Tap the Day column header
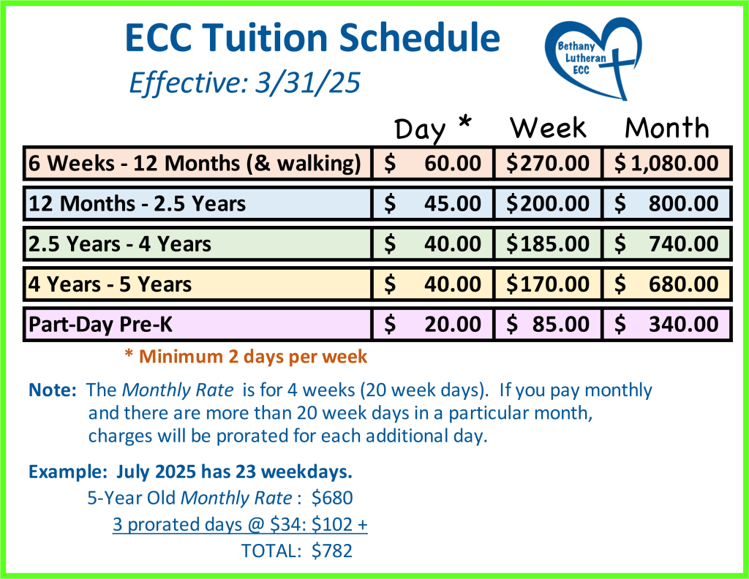[420, 129]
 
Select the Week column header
[548, 127]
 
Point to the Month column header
[667, 127]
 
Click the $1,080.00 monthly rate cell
[667, 163]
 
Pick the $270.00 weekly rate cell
[548, 163]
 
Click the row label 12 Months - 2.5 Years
[137, 204]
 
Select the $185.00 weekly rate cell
[548, 244]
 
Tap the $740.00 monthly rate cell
[667, 244]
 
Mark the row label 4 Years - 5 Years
[110, 284]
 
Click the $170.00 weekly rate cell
[548, 284]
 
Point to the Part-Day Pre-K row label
[100, 325]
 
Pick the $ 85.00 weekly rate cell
[548, 325]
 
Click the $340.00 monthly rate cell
[667, 325]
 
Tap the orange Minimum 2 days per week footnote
[246, 357]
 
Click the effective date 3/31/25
[308, 83]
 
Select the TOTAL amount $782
[332, 550]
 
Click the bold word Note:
[53, 390]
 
